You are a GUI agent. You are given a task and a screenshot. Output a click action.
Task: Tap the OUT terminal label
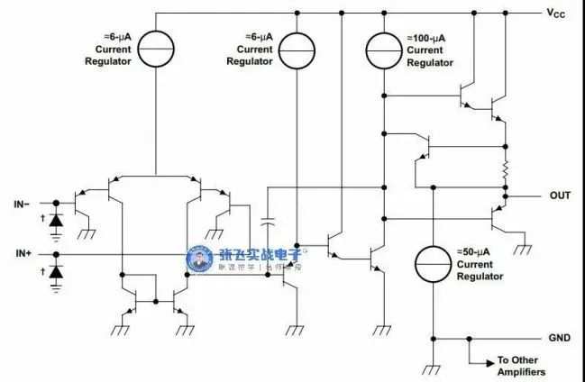coord(560,196)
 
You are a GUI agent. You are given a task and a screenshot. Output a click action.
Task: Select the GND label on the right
coord(560,338)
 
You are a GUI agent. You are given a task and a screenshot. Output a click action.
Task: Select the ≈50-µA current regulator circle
coord(433,264)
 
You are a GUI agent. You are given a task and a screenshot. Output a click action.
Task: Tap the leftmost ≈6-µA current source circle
coord(156,50)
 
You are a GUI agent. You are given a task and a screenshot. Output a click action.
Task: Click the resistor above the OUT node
coord(506,170)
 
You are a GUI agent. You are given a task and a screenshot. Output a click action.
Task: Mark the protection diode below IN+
coord(56,271)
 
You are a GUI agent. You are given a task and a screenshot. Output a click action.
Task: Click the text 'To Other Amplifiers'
coord(521,366)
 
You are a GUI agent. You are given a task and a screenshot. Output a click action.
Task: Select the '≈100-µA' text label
coord(426,38)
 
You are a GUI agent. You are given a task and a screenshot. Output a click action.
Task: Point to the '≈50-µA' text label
coord(473,252)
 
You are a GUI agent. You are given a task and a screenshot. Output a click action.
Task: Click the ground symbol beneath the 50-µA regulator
coord(433,369)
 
